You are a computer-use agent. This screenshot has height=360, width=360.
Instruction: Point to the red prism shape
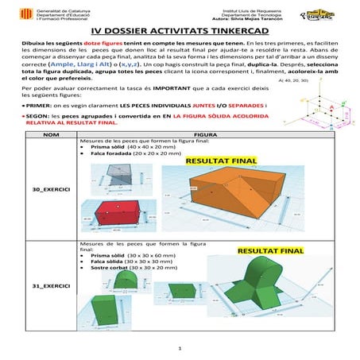click(120, 211)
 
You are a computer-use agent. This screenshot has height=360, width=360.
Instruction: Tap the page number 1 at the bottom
click(180, 348)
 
